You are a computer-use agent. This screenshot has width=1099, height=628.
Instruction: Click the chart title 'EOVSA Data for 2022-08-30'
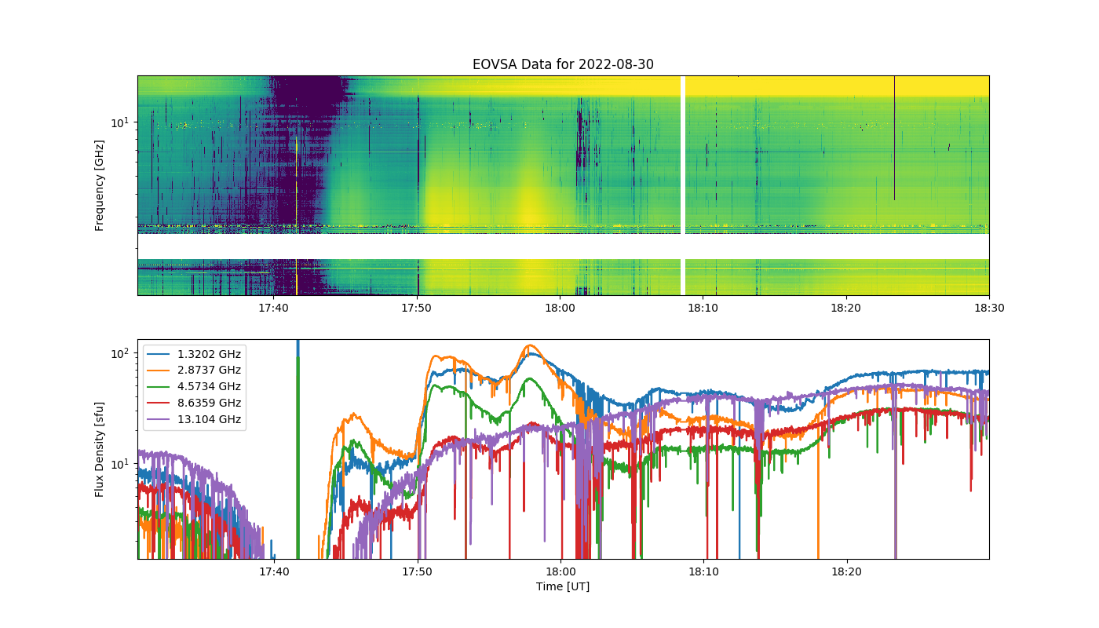pos(563,64)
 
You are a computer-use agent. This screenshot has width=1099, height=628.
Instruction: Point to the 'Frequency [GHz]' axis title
pos(100,185)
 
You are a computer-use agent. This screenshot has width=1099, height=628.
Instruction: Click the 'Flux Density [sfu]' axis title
pos(100,449)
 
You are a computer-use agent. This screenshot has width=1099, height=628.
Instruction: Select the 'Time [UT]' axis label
pos(563,586)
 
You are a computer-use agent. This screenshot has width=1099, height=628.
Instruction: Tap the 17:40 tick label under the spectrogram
pos(274,308)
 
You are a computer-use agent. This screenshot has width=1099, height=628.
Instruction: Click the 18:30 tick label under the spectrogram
pos(989,308)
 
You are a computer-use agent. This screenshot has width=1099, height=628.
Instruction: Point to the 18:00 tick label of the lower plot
pos(560,571)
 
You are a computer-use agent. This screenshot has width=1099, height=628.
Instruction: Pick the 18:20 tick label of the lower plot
pos(846,571)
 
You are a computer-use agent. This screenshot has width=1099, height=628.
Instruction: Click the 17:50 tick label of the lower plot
pos(418,571)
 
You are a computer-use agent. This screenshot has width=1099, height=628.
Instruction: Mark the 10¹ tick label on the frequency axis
pos(119,122)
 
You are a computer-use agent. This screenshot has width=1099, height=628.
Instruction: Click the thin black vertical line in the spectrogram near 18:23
pos(894,141)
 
